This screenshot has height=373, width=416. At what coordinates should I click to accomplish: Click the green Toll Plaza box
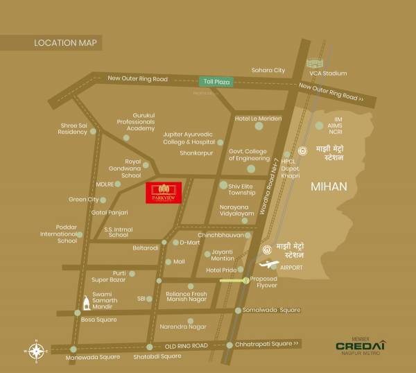coord(215,81)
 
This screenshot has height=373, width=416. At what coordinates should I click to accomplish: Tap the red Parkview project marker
coord(164,192)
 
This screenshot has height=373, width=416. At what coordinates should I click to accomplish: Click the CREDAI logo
coord(360,345)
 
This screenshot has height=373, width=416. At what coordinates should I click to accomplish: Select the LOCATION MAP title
coord(67,43)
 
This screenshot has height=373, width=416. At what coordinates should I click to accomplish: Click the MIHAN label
coord(329,186)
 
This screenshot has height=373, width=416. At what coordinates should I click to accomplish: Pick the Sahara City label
coord(268,70)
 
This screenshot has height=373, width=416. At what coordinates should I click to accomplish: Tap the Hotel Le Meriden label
coord(258,119)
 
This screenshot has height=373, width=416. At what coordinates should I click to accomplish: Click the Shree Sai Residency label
coord(73,128)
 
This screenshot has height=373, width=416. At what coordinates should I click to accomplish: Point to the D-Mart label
coord(189,243)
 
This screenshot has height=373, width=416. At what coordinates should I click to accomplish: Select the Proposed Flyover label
coord(263,282)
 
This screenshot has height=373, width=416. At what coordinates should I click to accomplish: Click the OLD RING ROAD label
coord(186,345)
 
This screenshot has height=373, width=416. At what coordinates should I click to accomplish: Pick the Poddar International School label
coord(58,233)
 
